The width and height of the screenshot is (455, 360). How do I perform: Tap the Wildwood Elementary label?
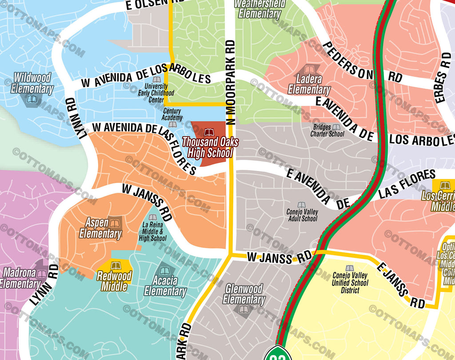32,83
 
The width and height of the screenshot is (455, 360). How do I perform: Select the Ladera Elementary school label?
309,84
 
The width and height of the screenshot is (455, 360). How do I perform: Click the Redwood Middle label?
114,281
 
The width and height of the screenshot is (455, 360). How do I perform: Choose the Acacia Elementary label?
165,286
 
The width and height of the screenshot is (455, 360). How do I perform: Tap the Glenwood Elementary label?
244,294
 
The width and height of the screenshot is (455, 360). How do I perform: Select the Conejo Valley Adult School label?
302,215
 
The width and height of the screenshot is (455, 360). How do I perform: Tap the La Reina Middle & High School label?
153,232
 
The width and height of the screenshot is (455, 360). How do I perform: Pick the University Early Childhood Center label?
153,93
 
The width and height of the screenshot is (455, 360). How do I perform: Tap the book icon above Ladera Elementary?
309,70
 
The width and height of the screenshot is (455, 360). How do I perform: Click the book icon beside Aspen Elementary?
115,222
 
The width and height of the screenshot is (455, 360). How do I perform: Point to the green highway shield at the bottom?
278,354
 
